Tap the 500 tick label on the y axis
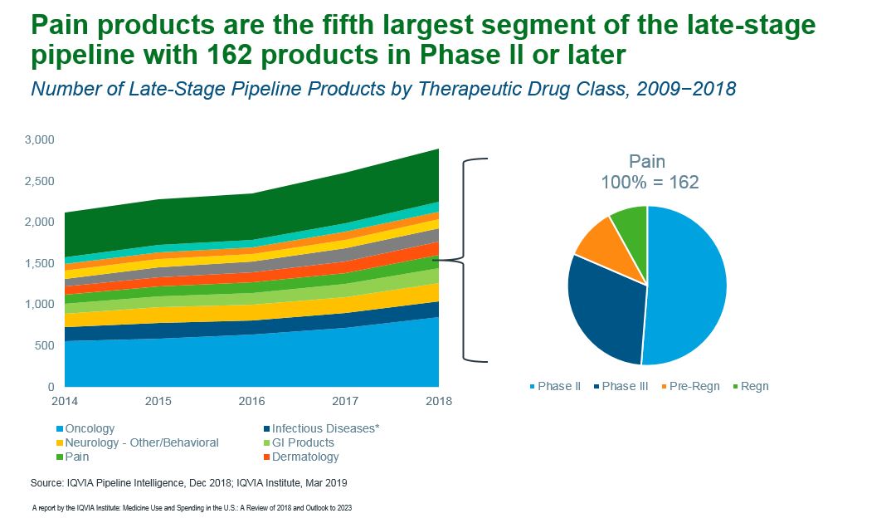tap(45, 345)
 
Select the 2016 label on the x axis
tap(251, 402)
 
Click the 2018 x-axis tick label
tap(439, 402)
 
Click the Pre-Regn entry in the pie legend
tap(694, 386)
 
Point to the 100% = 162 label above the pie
tap(650, 182)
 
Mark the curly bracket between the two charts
tap(475, 260)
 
